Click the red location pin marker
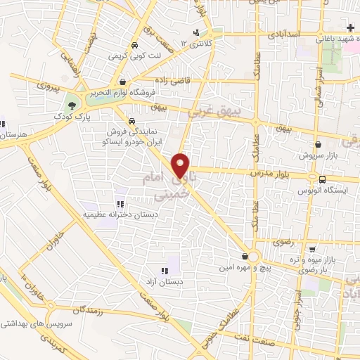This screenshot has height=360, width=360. [181, 165]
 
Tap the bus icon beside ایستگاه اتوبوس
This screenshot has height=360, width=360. [322, 179]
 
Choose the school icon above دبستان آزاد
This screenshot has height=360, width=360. [165, 270]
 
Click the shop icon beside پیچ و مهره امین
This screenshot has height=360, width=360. [244, 257]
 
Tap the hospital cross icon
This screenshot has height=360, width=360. [351, 27]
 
